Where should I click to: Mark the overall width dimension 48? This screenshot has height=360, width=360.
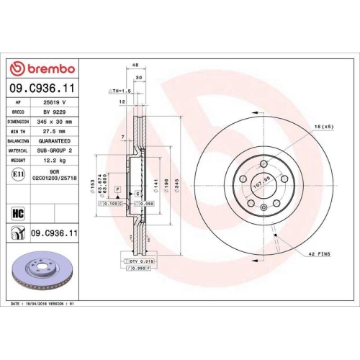click(x=135, y=65)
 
